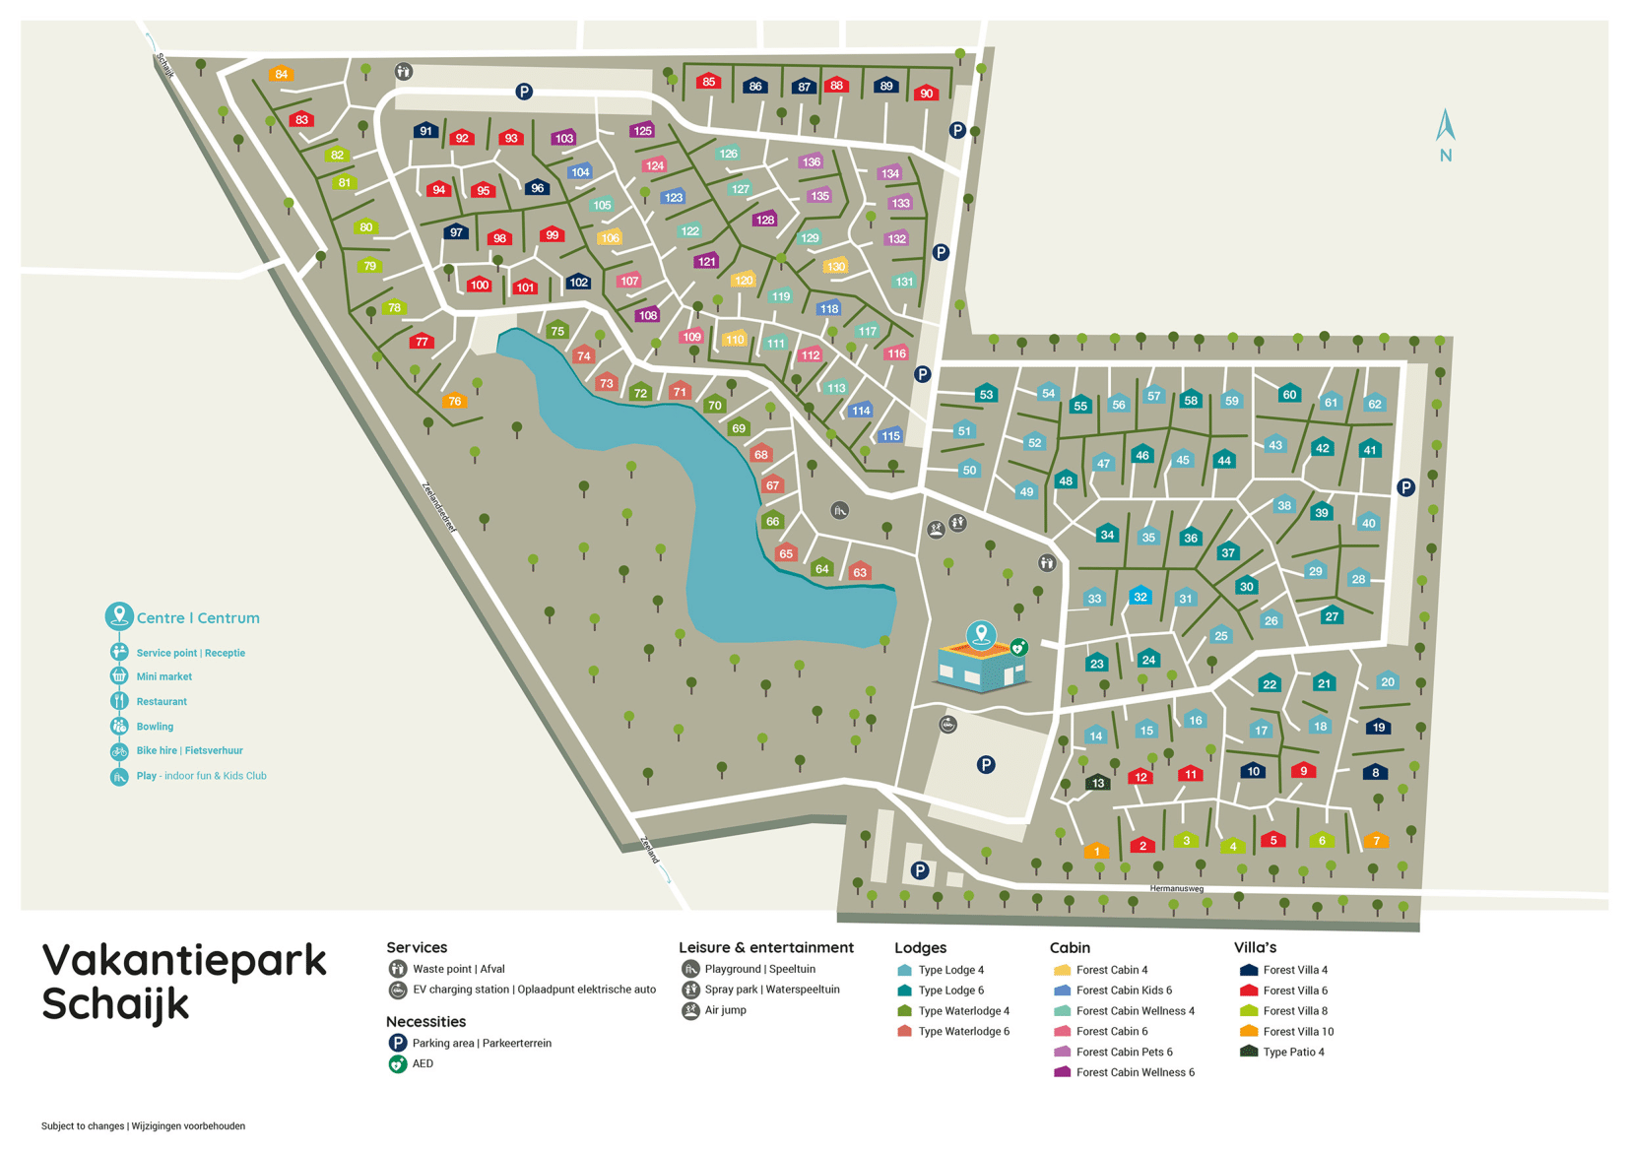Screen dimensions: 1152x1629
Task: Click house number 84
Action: pyautogui.click(x=282, y=74)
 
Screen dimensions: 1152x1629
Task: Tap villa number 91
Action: pyautogui.click(x=424, y=130)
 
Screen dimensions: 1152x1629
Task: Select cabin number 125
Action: pyautogui.click(x=642, y=130)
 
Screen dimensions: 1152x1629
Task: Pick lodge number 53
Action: pyautogui.click(x=986, y=394)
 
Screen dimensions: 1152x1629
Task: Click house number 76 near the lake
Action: pyautogui.click(x=454, y=400)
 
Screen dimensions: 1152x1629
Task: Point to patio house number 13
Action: pyautogui.click(x=1097, y=783)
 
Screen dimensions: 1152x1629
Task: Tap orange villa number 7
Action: pyautogui.click(x=1376, y=840)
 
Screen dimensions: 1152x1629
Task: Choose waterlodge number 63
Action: pyautogui.click(x=860, y=571)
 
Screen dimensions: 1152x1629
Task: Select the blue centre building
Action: pyautogui.click(x=981, y=665)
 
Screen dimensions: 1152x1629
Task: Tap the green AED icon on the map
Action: pyautogui.click(x=1019, y=647)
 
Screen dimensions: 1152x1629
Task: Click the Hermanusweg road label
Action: pyautogui.click(x=1176, y=889)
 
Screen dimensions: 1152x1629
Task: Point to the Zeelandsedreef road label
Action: pyautogui.click(x=439, y=507)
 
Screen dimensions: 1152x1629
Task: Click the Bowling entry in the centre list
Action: pyautogui.click(x=155, y=727)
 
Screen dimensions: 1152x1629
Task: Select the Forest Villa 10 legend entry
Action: pyautogui.click(x=1297, y=1032)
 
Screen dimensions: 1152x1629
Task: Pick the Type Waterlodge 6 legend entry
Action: pyautogui.click(x=962, y=1032)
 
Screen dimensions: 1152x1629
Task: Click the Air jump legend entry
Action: pyautogui.click(x=725, y=1010)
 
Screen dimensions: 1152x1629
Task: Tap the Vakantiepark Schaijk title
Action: pyautogui.click(x=183, y=982)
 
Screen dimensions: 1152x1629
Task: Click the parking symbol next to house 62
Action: pyautogui.click(x=1405, y=487)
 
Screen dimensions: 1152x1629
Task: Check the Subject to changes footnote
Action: pyautogui.click(x=143, y=1125)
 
